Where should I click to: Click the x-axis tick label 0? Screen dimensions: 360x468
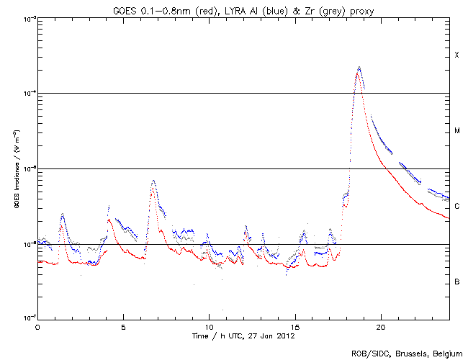click(37, 326)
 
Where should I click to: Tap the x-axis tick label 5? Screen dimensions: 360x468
click(123, 326)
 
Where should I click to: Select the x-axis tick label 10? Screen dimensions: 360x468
click(209, 326)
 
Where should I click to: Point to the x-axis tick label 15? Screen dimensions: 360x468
click(294, 326)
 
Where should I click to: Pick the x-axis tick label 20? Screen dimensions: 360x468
click(380, 326)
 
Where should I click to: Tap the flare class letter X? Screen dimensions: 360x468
click(456, 55)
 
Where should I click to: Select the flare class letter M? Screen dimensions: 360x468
click(456, 131)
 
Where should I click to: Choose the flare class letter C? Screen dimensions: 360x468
click(456, 207)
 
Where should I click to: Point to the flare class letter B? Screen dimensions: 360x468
click(456, 282)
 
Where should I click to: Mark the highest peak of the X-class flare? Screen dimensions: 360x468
click(359, 67)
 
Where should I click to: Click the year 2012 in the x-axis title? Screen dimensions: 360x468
click(286, 336)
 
